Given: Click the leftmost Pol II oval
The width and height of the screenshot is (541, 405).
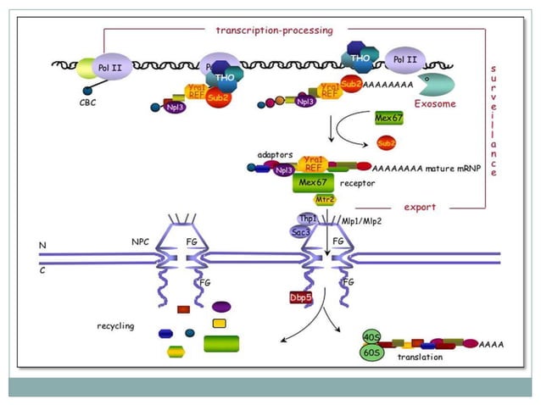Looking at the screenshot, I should click(x=106, y=64).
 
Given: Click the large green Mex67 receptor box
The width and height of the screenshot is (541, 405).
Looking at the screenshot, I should click(x=315, y=182).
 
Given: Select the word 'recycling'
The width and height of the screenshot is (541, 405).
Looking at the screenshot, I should click(x=116, y=325).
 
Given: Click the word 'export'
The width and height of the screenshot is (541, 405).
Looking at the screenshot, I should click(x=419, y=206).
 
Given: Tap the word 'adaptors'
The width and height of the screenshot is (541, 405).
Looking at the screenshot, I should click(x=276, y=156).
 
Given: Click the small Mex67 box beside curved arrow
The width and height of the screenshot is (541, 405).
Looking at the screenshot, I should click(x=389, y=118).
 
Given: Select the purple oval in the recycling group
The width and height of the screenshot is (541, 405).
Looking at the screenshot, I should click(x=221, y=307).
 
